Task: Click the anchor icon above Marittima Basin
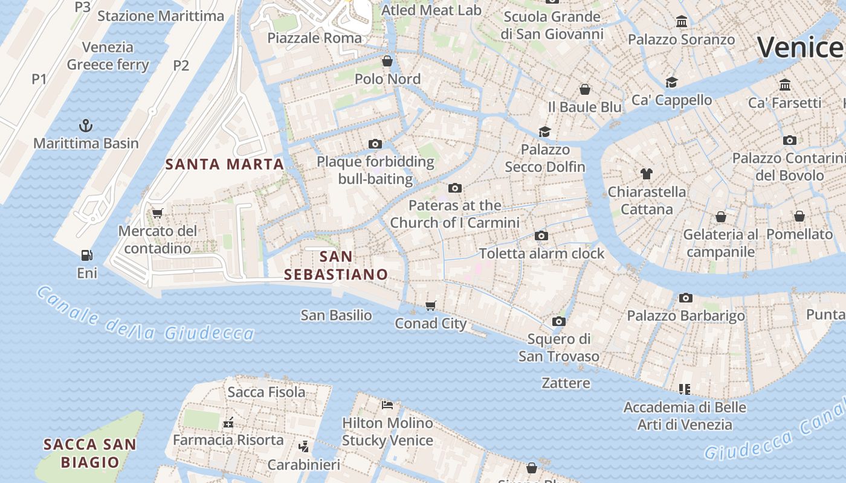(86, 126)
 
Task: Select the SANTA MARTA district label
(225, 164)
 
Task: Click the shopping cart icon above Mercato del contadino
(158, 213)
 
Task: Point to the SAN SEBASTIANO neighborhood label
(336, 265)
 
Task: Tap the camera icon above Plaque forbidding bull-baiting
(375, 144)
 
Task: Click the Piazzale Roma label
(314, 38)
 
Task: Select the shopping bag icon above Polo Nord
(387, 61)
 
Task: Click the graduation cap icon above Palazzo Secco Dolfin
(545, 132)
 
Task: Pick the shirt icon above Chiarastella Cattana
(647, 174)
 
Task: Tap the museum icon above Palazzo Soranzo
(682, 22)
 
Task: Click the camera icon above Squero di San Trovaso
(559, 321)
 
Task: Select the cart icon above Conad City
(431, 305)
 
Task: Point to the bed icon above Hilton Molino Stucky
(387, 405)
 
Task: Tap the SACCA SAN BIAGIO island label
(89, 453)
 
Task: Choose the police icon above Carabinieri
(304, 447)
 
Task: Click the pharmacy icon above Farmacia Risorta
(228, 423)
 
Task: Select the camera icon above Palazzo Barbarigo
(685, 298)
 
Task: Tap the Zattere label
(566, 383)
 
